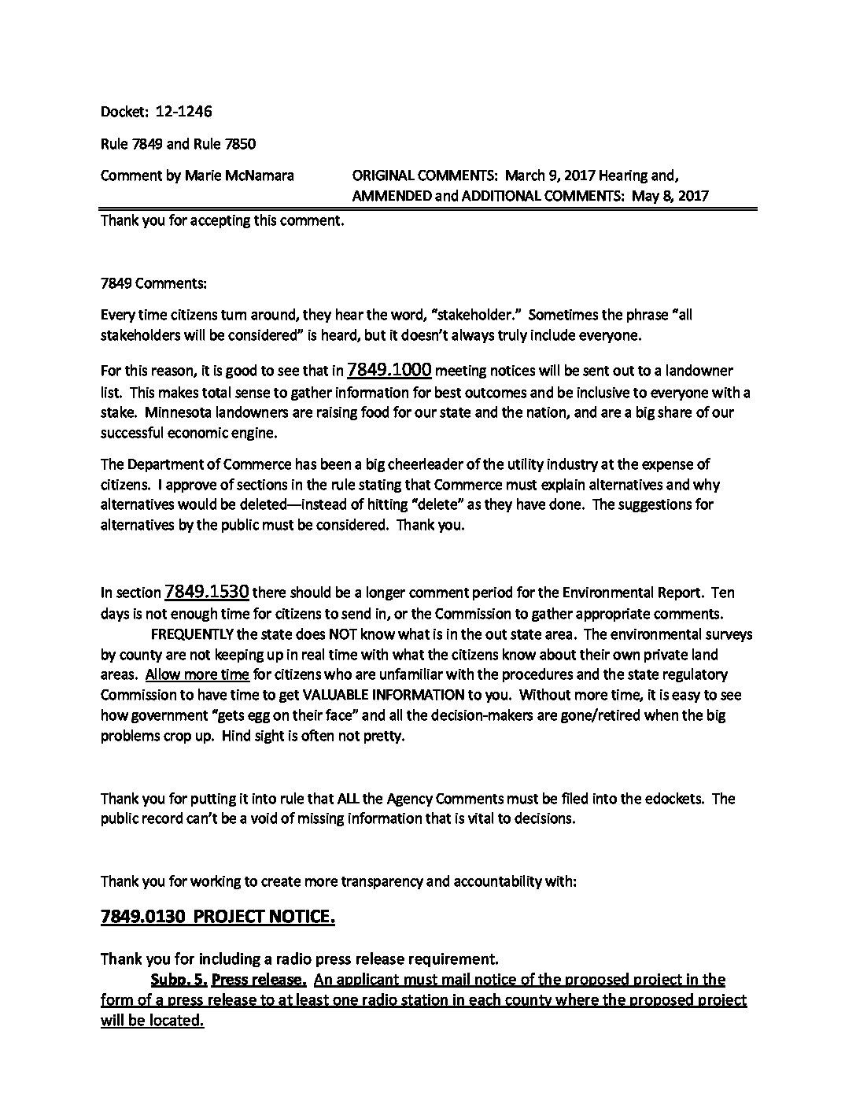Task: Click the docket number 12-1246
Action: (183, 112)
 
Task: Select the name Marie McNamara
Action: (239, 175)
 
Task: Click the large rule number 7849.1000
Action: (389, 370)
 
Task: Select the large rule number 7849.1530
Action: (207, 592)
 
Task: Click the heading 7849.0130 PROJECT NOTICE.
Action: (218, 918)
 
